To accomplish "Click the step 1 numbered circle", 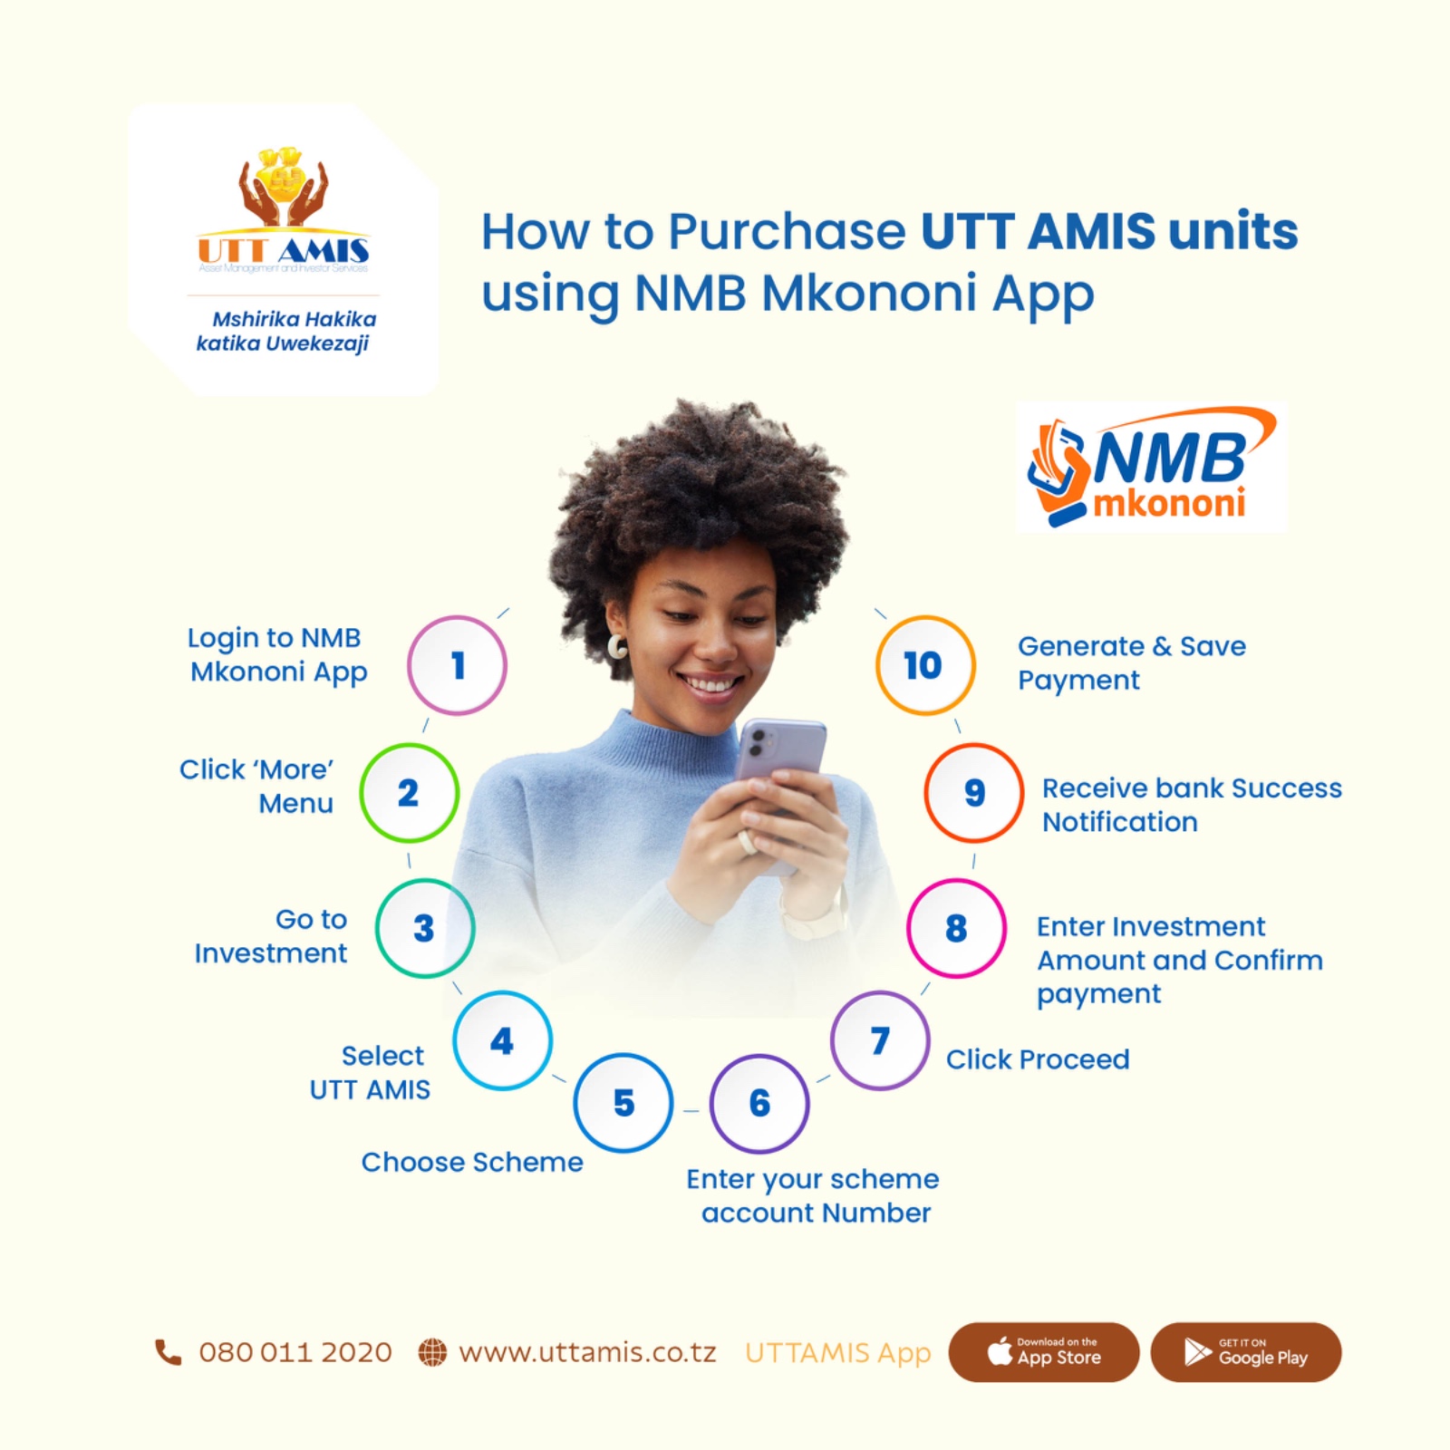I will click(457, 665).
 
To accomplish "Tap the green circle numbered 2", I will click(409, 793).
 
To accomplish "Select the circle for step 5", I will click(623, 1103).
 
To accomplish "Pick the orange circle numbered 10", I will click(924, 665).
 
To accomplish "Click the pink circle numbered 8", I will click(956, 928).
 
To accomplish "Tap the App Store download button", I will click(1043, 1351).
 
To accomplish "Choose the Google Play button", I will click(1245, 1351).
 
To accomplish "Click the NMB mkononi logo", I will click(1151, 468).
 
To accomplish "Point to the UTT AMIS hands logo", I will click(284, 190).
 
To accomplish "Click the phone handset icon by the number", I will click(169, 1352).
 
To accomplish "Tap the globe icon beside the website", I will click(432, 1352).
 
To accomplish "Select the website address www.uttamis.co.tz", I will click(587, 1352).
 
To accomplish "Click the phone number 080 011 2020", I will click(295, 1352).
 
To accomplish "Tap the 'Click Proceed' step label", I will click(1038, 1058).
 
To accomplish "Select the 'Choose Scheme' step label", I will click(472, 1162).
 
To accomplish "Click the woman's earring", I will click(617, 646).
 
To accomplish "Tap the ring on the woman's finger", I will click(747, 841).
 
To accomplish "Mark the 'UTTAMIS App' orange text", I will click(837, 1352).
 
